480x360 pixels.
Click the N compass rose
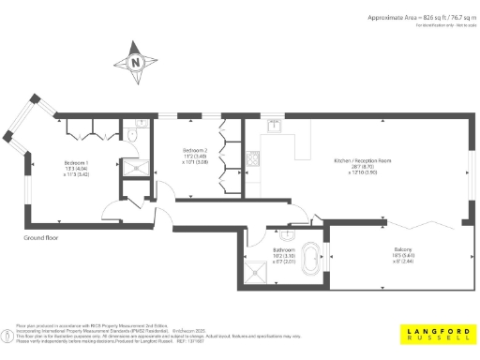point(137,63)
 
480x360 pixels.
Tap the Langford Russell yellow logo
point(438,334)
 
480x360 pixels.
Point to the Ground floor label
point(44,239)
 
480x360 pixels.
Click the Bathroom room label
point(284,250)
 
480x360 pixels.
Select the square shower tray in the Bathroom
point(255,269)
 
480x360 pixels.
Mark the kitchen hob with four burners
point(253,159)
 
